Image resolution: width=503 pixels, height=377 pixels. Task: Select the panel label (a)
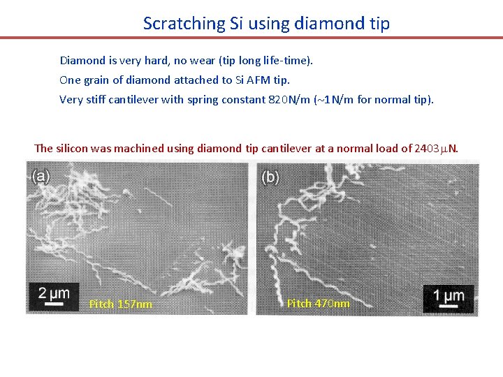(41, 176)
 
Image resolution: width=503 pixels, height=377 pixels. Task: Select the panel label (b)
(270, 177)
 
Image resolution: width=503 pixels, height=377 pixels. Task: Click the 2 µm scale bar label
(54, 293)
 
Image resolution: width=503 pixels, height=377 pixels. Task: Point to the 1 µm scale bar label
(449, 295)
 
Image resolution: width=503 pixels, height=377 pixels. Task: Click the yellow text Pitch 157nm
(121, 304)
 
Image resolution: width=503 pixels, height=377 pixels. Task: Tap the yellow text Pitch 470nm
(319, 304)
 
